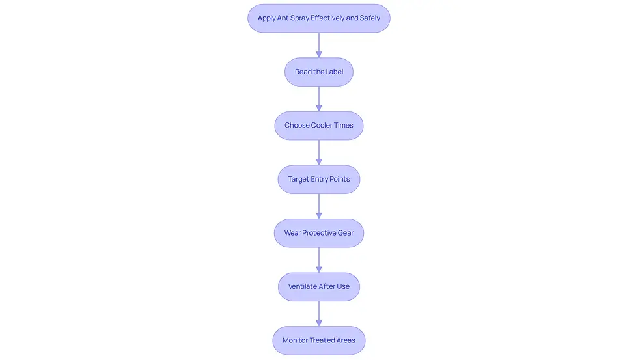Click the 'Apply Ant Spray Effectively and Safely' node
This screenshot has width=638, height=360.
(319, 18)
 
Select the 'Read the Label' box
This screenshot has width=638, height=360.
(319, 72)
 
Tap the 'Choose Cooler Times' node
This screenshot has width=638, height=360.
(319, 126)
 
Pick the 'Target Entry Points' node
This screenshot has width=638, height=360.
(319, 180)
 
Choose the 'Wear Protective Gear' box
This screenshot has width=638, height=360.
(319, 233)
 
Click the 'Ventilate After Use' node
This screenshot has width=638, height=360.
(319, 287)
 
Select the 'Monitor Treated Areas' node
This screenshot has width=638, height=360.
(319, 340)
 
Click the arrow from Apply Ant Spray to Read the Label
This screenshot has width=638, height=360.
(319, 45)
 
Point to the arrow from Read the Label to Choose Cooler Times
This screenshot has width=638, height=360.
(319, 99)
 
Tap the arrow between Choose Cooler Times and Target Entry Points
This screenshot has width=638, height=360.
(319, 152)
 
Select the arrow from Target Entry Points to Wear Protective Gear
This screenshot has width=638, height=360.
(319, 206)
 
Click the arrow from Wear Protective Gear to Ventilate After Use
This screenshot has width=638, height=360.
(319, 260)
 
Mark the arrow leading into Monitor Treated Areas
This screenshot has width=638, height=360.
(319, 314)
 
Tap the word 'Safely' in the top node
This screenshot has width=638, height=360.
(370, 18)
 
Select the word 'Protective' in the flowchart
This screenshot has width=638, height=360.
(318, 232)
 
